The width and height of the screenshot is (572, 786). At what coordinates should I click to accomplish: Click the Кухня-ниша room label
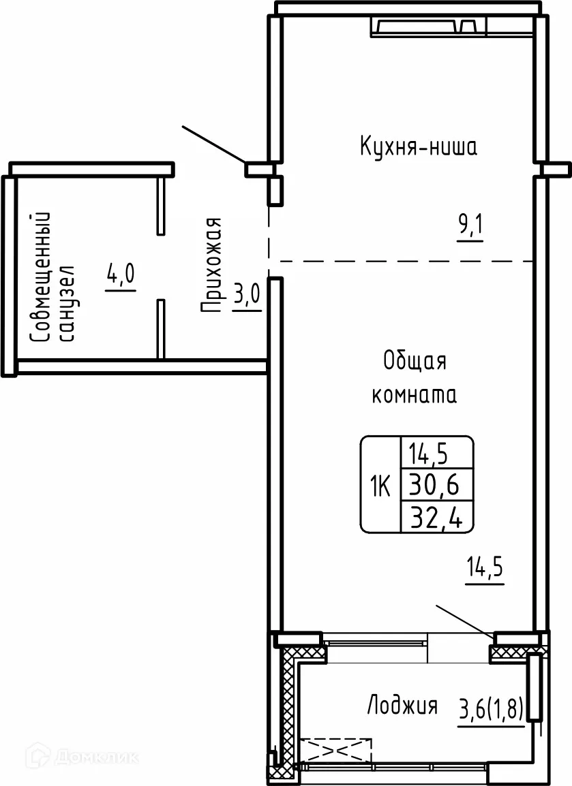coord(417,146)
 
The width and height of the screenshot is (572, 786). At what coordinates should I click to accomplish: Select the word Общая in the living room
coord(415,361)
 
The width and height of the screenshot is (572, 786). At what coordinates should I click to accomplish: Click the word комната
coord(414,396)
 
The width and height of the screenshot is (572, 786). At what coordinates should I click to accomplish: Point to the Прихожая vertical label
coord(212,265)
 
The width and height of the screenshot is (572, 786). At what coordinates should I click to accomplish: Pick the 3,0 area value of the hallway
coord(247,298)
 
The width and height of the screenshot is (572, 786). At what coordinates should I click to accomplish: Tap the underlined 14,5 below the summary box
coord(485,567)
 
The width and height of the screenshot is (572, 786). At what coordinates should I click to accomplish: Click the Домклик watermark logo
coord(82,757)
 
